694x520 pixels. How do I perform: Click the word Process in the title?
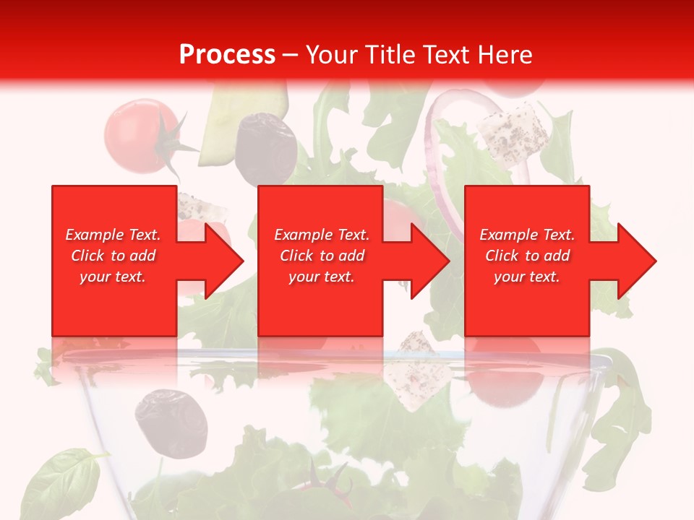click(227, 55)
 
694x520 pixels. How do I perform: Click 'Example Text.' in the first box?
click(113, 235)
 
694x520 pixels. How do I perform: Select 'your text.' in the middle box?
click(321, 277)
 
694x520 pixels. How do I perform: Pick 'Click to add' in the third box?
click(527, 256)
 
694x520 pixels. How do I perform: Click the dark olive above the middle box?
click(265, 147)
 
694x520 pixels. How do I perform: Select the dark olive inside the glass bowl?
click(171, 422)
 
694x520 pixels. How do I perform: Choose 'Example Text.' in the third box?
click(527, 235)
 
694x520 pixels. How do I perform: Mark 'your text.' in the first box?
click(113, 277)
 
